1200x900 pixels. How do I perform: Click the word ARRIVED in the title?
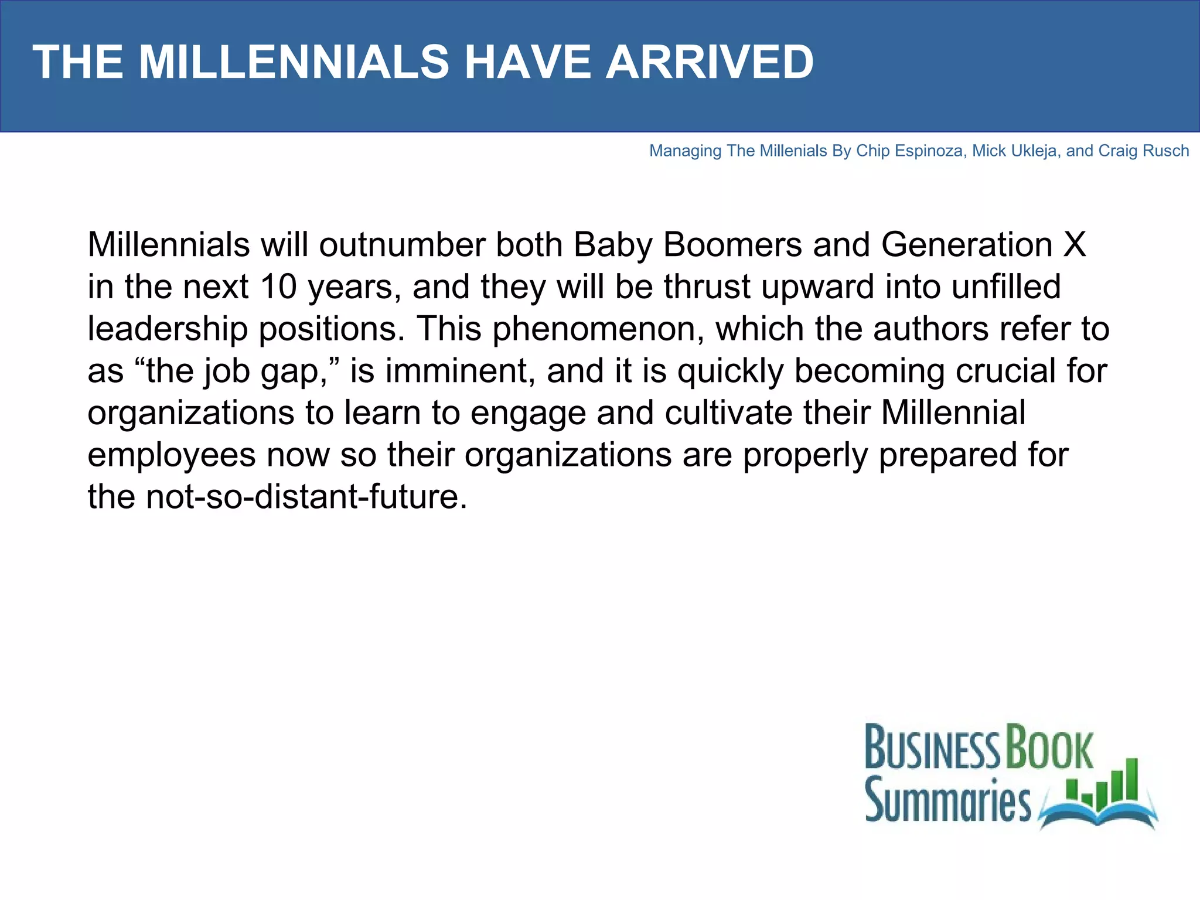[710, 62]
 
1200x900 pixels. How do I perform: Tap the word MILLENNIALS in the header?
[294, 62]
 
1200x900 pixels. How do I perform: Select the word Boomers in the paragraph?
[732, 244]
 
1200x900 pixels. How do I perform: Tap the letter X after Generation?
[1075, 244]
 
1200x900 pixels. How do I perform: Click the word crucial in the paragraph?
[1006, 371]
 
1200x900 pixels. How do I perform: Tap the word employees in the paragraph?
[172, 456]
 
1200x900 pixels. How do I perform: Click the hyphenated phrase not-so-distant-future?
[306, 497]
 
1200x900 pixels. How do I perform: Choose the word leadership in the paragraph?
[168, 329]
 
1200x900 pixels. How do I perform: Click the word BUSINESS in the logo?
[932, 748]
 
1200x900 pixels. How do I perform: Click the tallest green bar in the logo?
[1131, 779]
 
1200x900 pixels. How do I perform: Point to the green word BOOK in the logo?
[1049, 748]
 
